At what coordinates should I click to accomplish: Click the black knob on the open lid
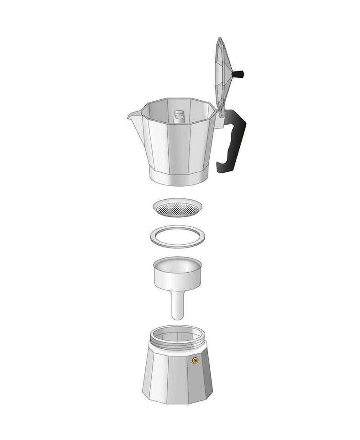(239, 73)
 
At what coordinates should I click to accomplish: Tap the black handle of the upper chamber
(236, 135)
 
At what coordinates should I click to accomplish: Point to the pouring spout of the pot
(132, 118)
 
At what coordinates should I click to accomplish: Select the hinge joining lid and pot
(221, 114)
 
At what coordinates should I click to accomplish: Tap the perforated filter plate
(178, 208)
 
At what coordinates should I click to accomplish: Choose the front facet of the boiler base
(177, 380)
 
